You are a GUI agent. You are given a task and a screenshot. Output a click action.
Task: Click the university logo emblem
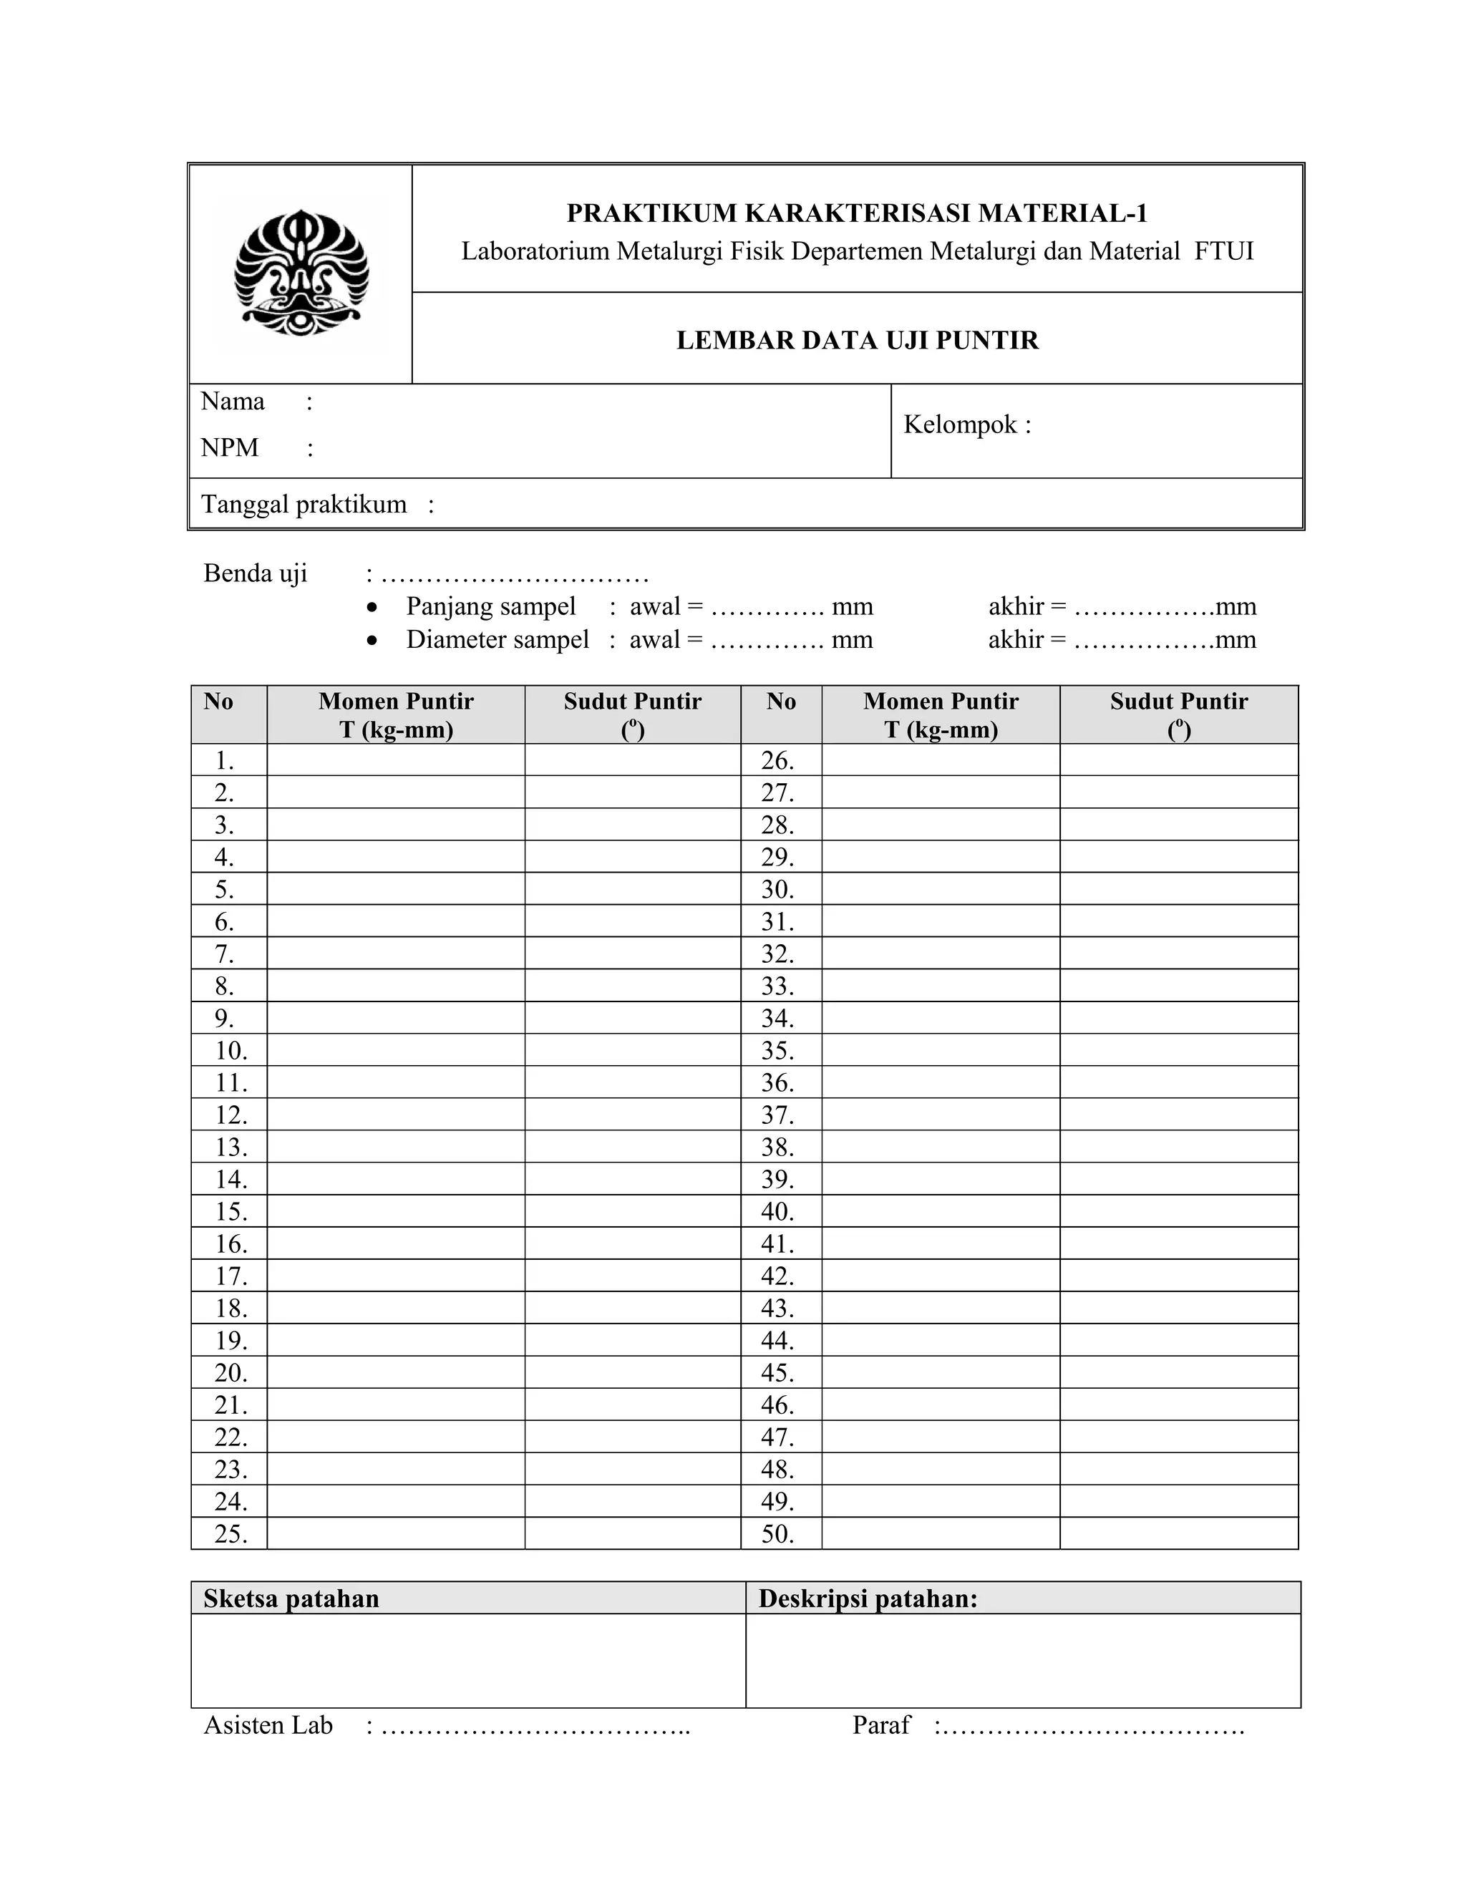click(x=301, y=273)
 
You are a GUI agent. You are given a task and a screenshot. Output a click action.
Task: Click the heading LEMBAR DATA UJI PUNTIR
click(x=856, y=341)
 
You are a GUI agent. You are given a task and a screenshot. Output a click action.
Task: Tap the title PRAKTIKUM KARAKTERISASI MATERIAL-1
click(x=856, y=213)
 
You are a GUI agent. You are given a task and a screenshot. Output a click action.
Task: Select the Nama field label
click(x=233, y=402)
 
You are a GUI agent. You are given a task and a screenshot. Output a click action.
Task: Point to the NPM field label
click(x=230, y=448)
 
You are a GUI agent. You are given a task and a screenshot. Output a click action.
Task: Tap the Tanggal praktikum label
click(x=304, y=505)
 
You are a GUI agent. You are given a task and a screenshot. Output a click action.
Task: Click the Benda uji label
click(x=256, y=573)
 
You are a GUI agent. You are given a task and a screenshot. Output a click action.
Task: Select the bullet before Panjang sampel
click(x=372, y=607)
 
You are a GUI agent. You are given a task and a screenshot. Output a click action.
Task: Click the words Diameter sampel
click(x=497, y=640)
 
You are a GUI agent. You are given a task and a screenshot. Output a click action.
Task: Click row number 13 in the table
click(x=231, y=1148)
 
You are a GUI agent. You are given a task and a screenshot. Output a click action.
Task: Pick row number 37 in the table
click(x=777, y=1115)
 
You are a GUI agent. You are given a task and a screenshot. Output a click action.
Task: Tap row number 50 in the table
click(x=777, y=1534)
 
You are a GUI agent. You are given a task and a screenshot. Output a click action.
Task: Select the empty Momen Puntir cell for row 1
click(x=395, y=760)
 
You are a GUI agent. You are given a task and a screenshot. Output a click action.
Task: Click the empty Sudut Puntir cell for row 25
click(x=632, y=1534)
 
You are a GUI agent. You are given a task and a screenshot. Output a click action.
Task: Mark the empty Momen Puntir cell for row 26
click(x=941, y=760)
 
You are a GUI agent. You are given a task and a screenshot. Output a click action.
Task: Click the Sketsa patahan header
click(x=291, y=1599)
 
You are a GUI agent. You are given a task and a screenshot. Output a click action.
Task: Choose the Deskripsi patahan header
click(x=868, y=1599)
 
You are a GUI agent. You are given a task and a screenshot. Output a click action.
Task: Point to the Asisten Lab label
click(x=268, y=1725)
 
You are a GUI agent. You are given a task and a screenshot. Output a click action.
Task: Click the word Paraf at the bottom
click(x=881, y=1725)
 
